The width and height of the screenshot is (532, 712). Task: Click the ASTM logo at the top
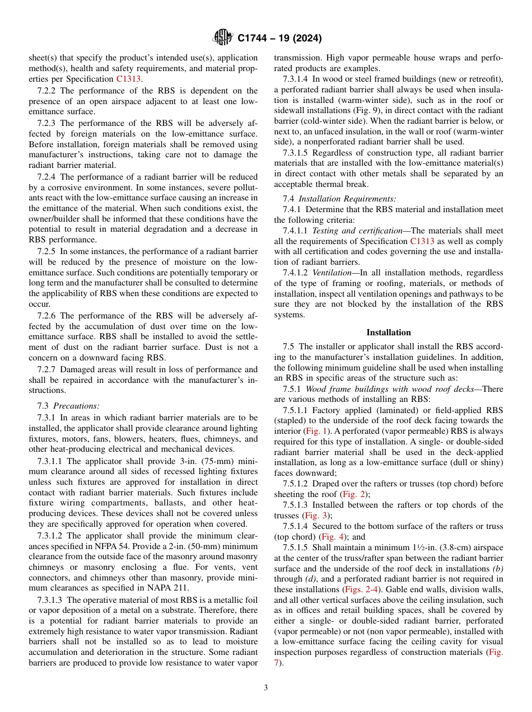pyautogui.click(x=223, y=38)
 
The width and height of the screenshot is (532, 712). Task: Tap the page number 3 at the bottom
pyautogui.click(x=266, y=688)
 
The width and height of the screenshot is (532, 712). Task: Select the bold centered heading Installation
pyautogui.click(x=388, y=332)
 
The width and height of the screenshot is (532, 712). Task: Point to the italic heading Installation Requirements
pyautogui.click(x=347, y=199)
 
